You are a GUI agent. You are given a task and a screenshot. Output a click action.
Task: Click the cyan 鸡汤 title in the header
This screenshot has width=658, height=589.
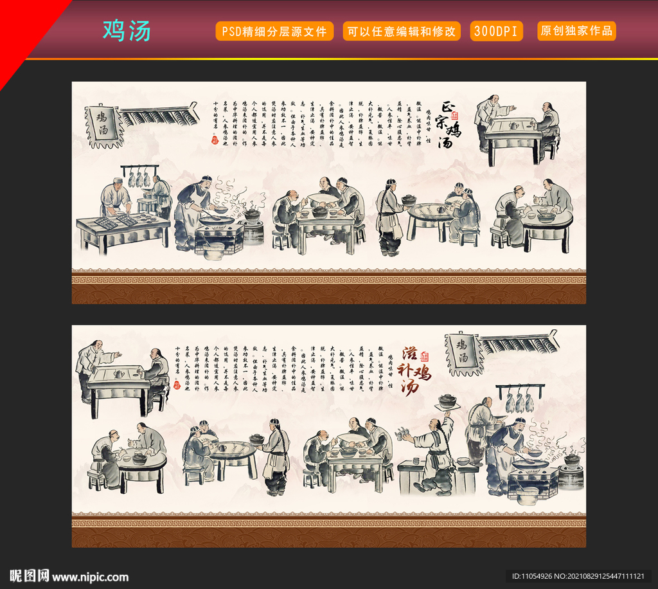click(x=127, y=31)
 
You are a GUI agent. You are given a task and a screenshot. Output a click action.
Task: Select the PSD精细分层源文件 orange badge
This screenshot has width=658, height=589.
click(x=274, y=31)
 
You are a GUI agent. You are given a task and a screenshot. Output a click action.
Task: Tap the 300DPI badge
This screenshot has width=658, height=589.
click(x=496, y=31)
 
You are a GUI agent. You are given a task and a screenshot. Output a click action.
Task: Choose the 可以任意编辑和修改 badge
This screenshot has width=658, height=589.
click(x=402, y=31)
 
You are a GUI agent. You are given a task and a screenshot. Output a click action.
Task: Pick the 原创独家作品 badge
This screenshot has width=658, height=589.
click(x=576, y=31)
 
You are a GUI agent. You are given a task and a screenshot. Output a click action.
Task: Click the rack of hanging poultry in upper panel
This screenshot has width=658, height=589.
click(x=139, y=175)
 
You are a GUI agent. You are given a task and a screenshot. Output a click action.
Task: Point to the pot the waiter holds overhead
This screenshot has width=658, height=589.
click(x=447, y=401)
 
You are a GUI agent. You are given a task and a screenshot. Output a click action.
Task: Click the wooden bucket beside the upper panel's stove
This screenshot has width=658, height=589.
click(x=214, y=251)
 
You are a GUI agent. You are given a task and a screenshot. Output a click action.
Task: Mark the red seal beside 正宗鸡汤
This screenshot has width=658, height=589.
click(x=456, y=115)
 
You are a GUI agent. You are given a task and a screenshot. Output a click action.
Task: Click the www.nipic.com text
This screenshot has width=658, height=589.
click(x=90, y=577)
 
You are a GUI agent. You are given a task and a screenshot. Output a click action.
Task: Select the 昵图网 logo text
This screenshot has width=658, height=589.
click(x=29, y=575)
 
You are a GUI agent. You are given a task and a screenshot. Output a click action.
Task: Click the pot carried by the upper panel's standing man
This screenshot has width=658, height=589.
click(x=409, y=199)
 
